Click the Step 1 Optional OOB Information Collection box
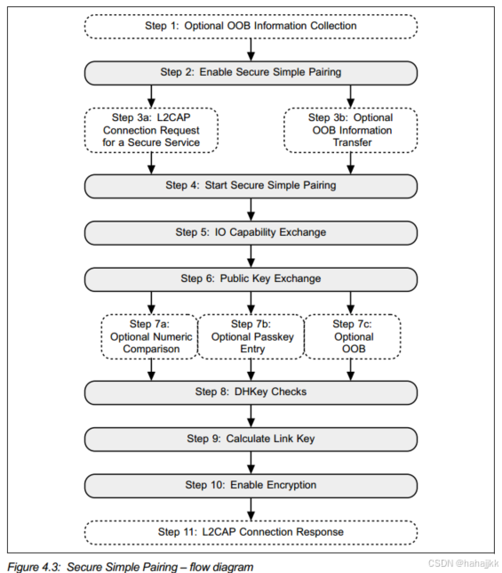[251, 26]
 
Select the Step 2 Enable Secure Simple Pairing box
[251, 72]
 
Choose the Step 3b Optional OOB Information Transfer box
[351, 129]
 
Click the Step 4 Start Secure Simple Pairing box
[251, 185]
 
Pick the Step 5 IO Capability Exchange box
[251, 232]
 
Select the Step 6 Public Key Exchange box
[251, 278]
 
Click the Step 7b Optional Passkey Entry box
[251, 336]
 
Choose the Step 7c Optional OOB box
[353, 336]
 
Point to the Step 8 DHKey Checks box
[251, 391]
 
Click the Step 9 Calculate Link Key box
[251, 439]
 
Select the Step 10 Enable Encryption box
[251, 485]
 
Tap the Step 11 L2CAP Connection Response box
[251, 531]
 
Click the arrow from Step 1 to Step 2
[251, 49]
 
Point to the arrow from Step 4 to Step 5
[251, 208]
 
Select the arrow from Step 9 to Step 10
[251, 462]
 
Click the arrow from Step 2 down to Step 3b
[351, 95]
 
